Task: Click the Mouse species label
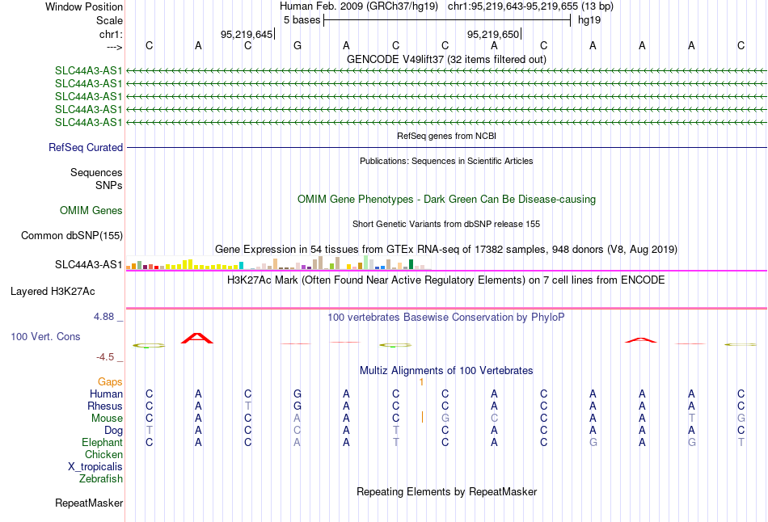107,419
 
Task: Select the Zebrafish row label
101,479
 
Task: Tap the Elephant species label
103,443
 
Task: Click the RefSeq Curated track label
86,147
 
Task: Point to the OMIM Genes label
91,211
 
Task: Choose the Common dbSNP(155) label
72,235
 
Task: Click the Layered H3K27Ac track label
53,292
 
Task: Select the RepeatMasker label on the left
89,503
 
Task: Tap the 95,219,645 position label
247,34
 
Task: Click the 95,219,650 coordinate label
493,34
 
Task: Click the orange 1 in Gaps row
421,382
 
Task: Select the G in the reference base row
297,45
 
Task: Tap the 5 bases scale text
302,20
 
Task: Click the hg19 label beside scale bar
589,20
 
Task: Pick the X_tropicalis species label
95,467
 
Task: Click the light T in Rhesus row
248,406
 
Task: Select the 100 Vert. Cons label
45,336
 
